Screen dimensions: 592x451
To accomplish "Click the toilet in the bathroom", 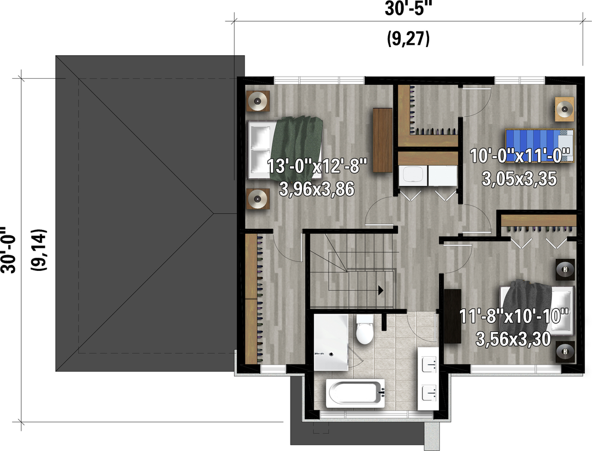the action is click(365, 329).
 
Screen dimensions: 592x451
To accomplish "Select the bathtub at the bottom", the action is click(355, 394).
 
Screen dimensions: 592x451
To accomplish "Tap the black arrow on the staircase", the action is click(380, 291).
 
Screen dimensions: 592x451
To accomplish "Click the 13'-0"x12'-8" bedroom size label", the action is click(317, 166).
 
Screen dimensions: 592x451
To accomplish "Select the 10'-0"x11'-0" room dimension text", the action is click(520, 156).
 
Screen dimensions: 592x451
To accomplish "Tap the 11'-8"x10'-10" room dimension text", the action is click(514, 316).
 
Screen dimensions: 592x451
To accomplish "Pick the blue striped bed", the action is click(540, 146).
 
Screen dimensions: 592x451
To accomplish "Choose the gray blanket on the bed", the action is click(528, 305).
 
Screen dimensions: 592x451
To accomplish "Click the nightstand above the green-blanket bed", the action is click(258, 101).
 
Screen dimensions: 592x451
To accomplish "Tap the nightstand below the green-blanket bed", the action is click(258, 198).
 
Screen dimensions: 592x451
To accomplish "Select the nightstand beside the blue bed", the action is click(565, 109).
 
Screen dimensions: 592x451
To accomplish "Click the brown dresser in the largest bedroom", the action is click(383, 140).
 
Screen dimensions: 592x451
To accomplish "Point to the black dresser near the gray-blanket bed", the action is click(452, 316).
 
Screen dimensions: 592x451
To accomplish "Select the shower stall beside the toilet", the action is click(331, 343).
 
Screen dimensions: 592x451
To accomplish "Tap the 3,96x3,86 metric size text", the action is click(317, 189).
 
